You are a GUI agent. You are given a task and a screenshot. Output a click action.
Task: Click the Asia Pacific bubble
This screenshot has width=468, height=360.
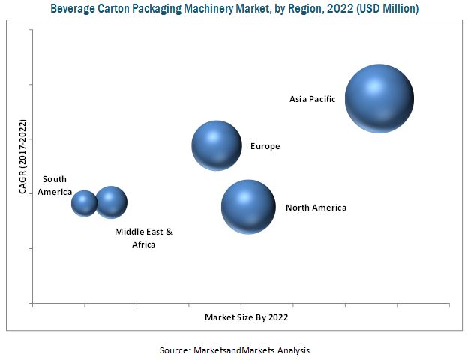(379, 98)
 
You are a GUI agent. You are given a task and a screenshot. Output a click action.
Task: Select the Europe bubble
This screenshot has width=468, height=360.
(217, 145)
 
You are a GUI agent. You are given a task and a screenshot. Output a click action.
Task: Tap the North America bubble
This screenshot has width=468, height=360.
(248, 206)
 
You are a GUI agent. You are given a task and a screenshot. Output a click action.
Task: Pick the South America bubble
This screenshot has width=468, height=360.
(84, 202)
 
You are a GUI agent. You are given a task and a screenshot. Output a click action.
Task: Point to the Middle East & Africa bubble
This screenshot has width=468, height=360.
(111, 202)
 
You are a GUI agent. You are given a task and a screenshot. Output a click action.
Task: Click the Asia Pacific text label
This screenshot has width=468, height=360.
(313, 98)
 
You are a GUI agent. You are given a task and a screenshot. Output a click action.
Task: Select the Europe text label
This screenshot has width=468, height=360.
(265, 146)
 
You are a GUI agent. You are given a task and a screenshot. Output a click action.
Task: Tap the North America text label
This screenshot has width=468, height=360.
(316, 208)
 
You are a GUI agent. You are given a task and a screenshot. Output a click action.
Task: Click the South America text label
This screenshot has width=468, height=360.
(54, 185)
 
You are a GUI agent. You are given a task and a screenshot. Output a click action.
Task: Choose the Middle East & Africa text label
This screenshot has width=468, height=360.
(143, 238)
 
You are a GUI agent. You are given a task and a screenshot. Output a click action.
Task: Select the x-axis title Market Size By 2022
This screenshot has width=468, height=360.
(246, 317)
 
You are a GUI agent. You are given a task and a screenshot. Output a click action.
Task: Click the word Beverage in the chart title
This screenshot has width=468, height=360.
(74, 9)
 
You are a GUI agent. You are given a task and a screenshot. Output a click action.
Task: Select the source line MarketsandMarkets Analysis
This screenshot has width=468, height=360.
(250, 349)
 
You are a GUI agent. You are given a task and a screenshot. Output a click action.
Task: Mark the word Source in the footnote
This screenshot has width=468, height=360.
(174, 349)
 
